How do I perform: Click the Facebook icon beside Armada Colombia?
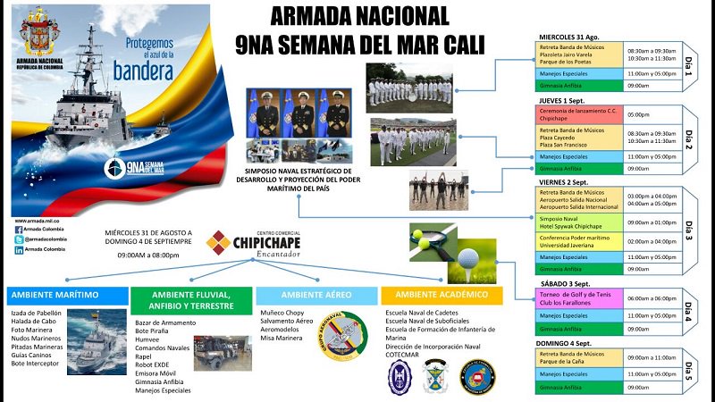(19, 229)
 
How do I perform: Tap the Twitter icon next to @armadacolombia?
(19, 239)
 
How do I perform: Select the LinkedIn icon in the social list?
(19, 251)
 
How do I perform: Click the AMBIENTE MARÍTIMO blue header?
(66, 295)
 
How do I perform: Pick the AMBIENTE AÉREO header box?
(315, 295)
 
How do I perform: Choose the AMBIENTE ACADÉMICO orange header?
(446, 294)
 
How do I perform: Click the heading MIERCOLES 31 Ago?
(574, 36)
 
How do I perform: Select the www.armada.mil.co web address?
(37, 219)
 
